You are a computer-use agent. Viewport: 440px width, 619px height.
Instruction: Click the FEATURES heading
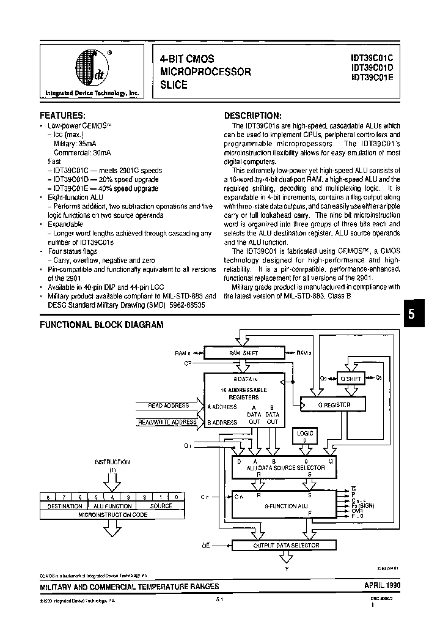pyautogui.click(x=63, y=115)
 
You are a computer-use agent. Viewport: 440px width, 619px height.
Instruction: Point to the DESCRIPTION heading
pyautogui.click(x=252, y=115)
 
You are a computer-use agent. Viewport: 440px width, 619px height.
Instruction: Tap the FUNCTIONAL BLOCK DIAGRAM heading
pyautogui.click(x=101, y=325)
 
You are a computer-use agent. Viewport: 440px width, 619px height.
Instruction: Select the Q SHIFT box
pyautogui.click(x=351, y=379)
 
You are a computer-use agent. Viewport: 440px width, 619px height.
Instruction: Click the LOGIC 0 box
pyautogui.click(x=304, y=437)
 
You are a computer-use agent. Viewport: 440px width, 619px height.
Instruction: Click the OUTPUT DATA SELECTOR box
pyautogui.click(x=286, y=545)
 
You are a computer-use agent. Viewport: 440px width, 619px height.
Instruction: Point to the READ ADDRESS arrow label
pyautogui.click(x=169, y=406)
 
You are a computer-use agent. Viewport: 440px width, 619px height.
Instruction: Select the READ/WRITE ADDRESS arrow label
pyautogui.click(x=167, y=422)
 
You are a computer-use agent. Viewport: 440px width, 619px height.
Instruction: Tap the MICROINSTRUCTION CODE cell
pyautogui.click(x=113, y=514)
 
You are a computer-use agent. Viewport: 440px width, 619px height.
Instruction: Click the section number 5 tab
pyautogui.click(x=411, y=314)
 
